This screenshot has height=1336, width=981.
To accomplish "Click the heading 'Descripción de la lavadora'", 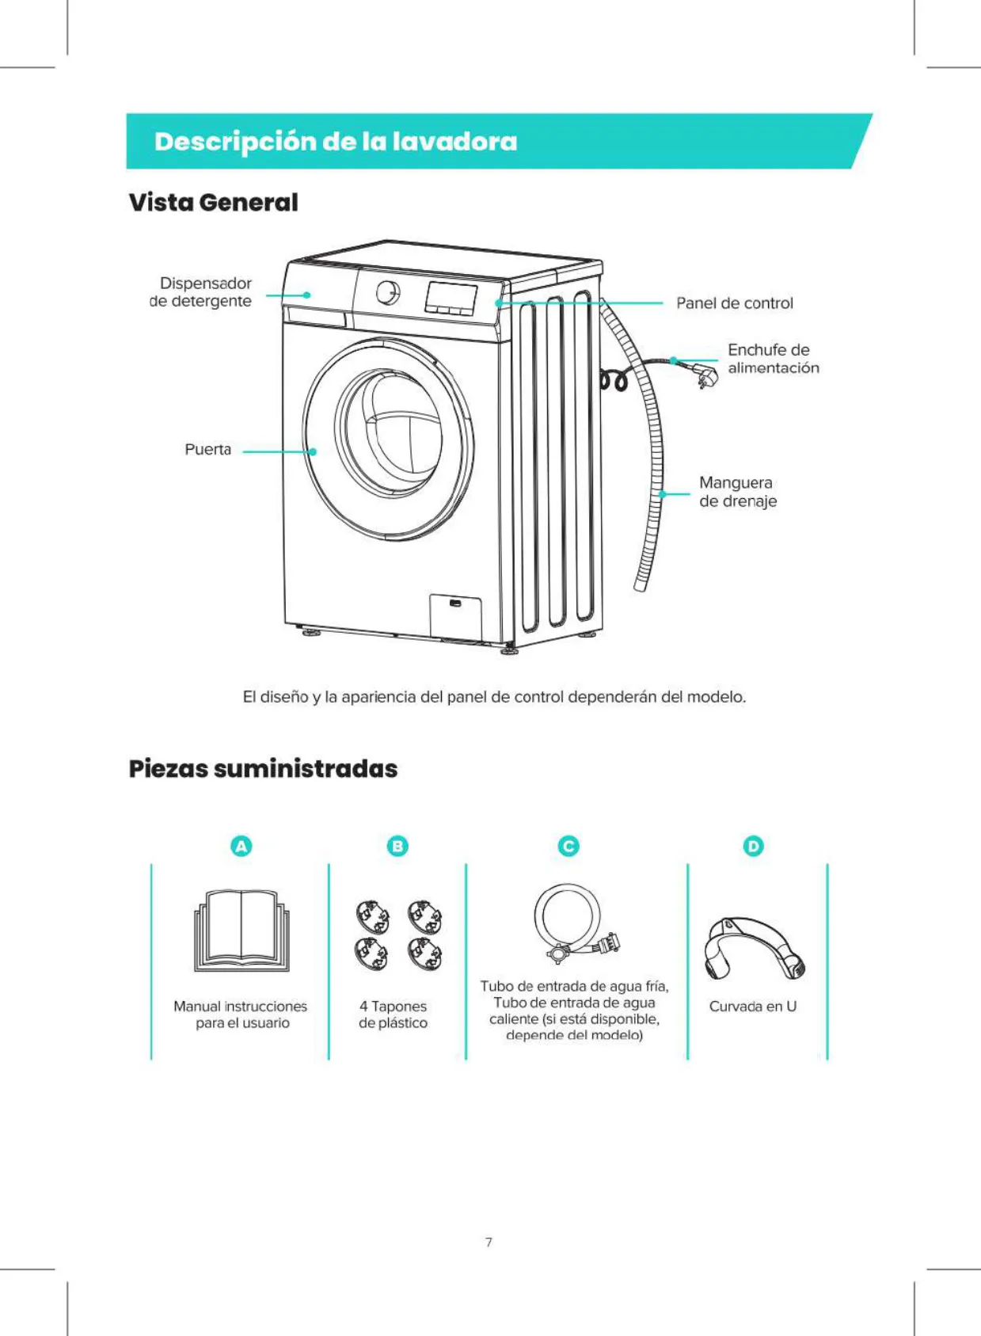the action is click(336, 142).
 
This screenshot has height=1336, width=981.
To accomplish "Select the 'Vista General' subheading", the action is click(214, 202).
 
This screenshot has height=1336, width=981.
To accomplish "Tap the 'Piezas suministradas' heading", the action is click(263, 769).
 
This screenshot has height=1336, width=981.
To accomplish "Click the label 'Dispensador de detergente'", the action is click(200, 291).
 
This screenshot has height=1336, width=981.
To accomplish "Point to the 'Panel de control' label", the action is click(735, 303).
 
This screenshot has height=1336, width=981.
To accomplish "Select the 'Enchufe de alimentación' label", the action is click(774, 359).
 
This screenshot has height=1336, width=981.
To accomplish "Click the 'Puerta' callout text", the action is click(208, 449).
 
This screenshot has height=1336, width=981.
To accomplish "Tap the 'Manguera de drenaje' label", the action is click(738, 492).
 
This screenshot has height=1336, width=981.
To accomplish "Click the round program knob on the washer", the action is click(388, 292).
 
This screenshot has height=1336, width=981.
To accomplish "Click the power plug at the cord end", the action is click(705, 373).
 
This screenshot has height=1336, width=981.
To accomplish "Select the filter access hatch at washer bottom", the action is click(455, 615).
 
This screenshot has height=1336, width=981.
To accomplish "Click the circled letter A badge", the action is click(241, 846).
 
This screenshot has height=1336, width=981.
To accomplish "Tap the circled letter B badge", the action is click(397, 846).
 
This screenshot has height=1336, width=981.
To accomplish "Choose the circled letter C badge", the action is click(569, 846).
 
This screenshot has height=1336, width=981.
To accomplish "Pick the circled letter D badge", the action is click(754, 846).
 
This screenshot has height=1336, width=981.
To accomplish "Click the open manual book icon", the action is click(241, 931).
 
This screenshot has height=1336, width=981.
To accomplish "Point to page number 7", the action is click(489, 1243).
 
